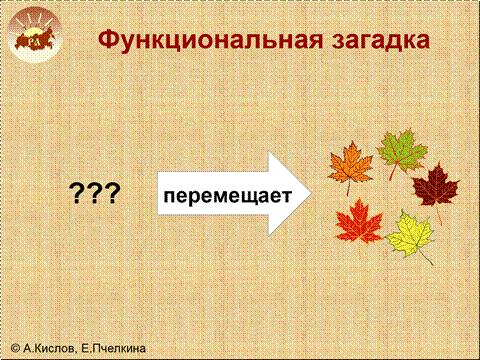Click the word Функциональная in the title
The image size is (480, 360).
coord(211,41)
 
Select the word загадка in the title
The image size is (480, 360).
coord(381,41)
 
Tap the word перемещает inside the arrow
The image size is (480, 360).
coord(228,195)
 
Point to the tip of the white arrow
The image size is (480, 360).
coord(311,193)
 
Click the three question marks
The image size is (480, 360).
coord(94,194)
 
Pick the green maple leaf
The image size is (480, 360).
coord(402,152)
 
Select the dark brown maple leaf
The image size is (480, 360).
coord(435,187)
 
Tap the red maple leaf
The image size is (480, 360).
coord(359,222)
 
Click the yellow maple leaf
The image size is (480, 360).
coord(411,235)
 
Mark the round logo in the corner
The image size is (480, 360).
coord(35,35)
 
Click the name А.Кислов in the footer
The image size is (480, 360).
coord(49,348)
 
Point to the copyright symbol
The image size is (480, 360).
coord(15,348)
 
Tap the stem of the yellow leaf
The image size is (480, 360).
coord(425,257)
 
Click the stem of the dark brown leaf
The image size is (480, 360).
coord(439,215)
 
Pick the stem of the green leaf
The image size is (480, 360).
coord(393,172)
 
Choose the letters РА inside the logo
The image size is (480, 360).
coord(33,42)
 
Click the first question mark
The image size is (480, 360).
coord(76,194)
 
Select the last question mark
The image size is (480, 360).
coord(112,194)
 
